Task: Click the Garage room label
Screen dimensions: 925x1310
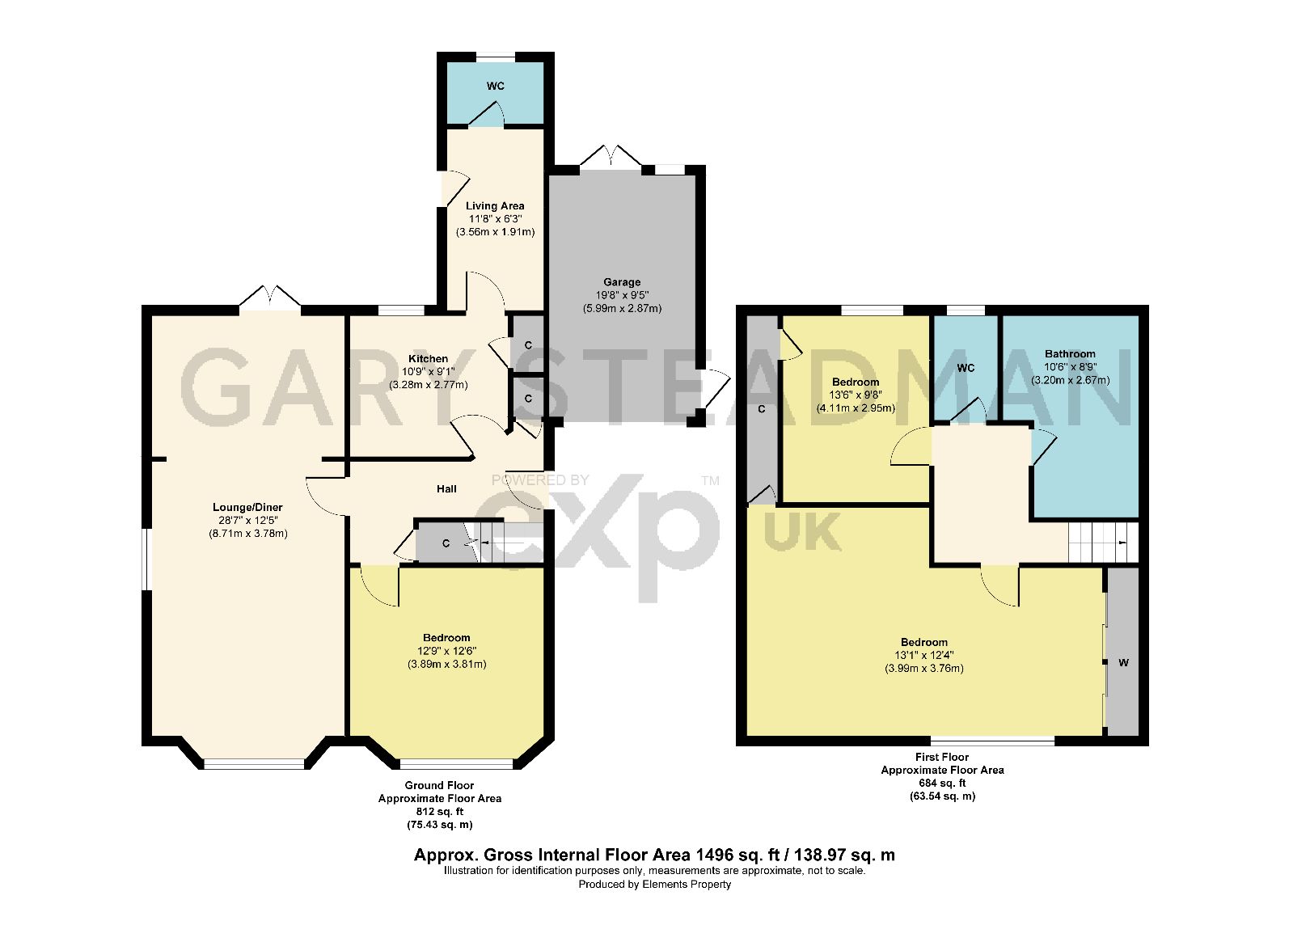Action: coord(621,282)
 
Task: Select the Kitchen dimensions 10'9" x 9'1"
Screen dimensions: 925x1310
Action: coord(428,372)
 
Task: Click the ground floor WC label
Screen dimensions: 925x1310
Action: coord(496,86)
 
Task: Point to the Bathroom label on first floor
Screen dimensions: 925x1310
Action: coord(1070,353)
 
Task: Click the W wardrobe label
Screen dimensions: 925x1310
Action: coord(1123,663)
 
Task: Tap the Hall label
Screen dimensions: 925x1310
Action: coord(446,488)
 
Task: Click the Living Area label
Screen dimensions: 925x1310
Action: coord(495,205)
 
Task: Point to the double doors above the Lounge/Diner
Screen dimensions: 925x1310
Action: coord(270,297)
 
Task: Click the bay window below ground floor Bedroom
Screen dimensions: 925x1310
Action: coord(456,763)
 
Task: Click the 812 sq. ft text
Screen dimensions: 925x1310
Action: coord(439,811)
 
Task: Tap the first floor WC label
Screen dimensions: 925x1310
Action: coord(966,368)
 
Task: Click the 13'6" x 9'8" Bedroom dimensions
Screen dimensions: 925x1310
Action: coord(856,395)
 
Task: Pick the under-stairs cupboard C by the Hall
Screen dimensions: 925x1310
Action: coord(446,543)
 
